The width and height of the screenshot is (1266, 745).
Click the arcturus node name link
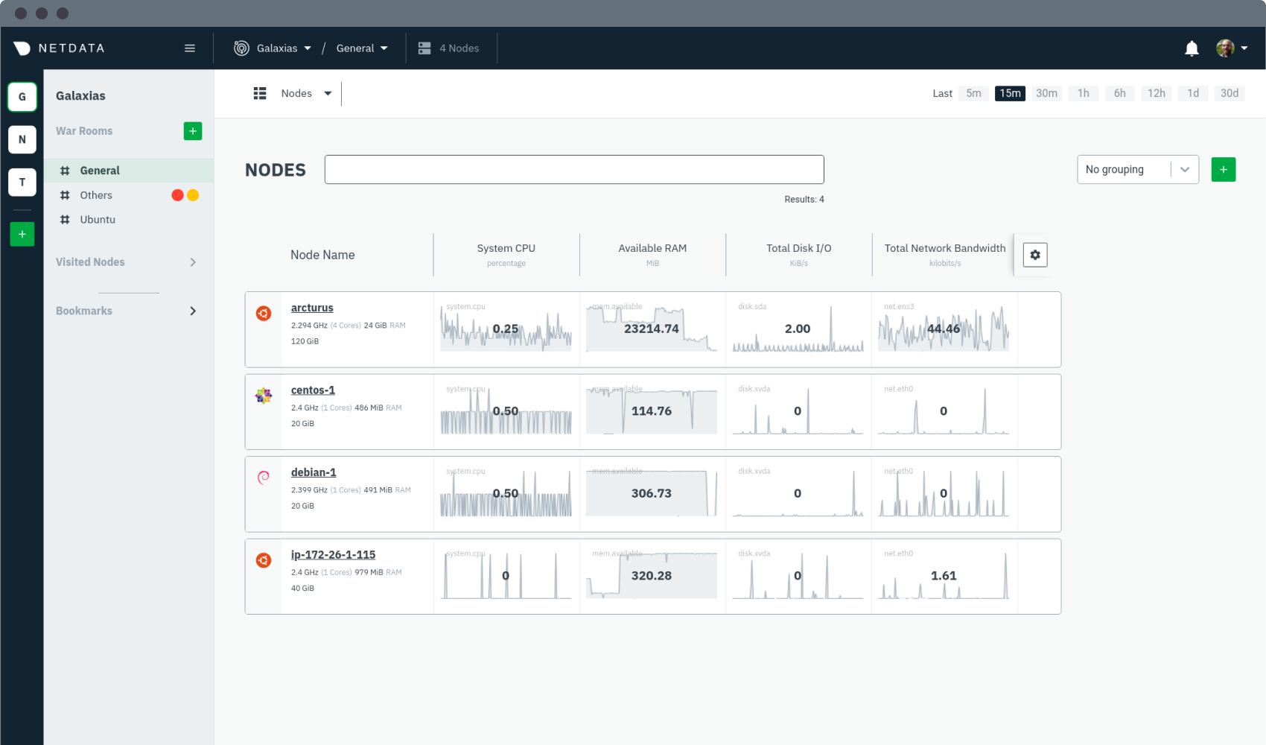312,308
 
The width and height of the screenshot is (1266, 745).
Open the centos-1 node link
313,390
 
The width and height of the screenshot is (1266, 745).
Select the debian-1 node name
314,472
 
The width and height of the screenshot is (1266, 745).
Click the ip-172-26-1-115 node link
333,555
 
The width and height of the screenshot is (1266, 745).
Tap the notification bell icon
1192,48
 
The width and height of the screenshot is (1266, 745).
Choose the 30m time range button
1046,93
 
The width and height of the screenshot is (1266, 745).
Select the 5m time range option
973,93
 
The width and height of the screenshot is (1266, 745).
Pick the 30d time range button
1229,93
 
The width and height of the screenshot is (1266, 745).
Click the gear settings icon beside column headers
1035,255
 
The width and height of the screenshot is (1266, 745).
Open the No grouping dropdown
1137,170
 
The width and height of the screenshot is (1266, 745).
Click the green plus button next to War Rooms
193,131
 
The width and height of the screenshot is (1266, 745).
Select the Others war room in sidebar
96,195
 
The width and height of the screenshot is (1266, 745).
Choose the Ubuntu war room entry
98,220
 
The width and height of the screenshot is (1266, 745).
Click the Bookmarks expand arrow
193,311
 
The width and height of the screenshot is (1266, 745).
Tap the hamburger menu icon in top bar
190,48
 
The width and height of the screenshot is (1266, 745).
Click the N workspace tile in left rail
22,139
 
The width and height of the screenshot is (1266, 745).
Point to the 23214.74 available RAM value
652,329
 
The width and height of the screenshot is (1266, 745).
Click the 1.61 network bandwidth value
944,576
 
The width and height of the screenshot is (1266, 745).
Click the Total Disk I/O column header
798,249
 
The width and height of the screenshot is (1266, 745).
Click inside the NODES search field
574,170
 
